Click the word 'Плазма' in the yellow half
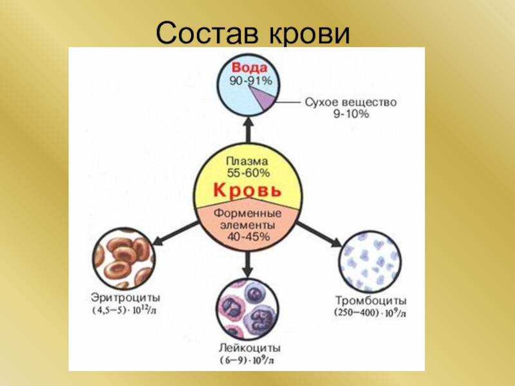[248, 161]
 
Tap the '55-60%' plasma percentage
[248, 173]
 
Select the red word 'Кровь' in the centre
[248, 191]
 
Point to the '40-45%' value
[248, 236]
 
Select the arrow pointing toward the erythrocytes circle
[174, 232]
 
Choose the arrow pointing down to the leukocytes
[248, 261]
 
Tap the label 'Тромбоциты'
[370, 300]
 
